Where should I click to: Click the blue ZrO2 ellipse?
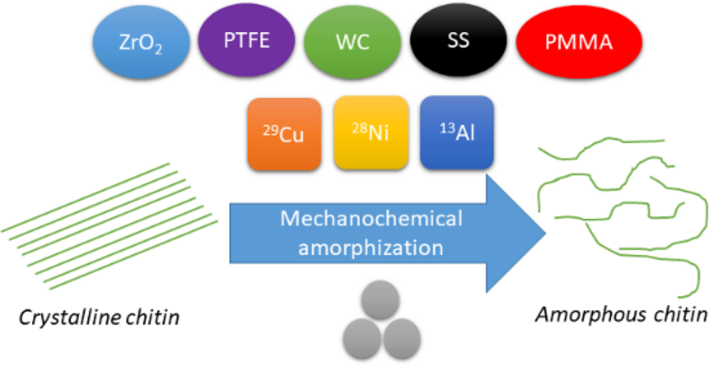pos(141,44)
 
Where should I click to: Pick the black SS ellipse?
pos(458,42)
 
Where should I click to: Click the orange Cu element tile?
pos(285,133)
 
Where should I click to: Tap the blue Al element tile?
pos(456,131)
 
